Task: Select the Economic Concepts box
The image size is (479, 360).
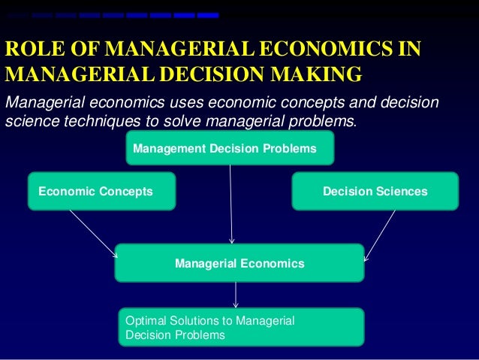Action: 101,191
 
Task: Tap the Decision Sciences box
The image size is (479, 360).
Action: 374,191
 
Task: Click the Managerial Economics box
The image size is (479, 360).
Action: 239,263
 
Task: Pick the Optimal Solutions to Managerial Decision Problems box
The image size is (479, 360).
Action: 241,327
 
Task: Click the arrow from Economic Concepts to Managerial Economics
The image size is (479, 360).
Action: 93,233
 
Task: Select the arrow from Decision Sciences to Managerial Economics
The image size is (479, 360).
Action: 380,234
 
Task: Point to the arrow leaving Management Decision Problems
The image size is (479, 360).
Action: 231,203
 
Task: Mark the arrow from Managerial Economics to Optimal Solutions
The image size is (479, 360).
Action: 236,295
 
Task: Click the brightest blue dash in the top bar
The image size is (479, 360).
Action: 208,15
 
